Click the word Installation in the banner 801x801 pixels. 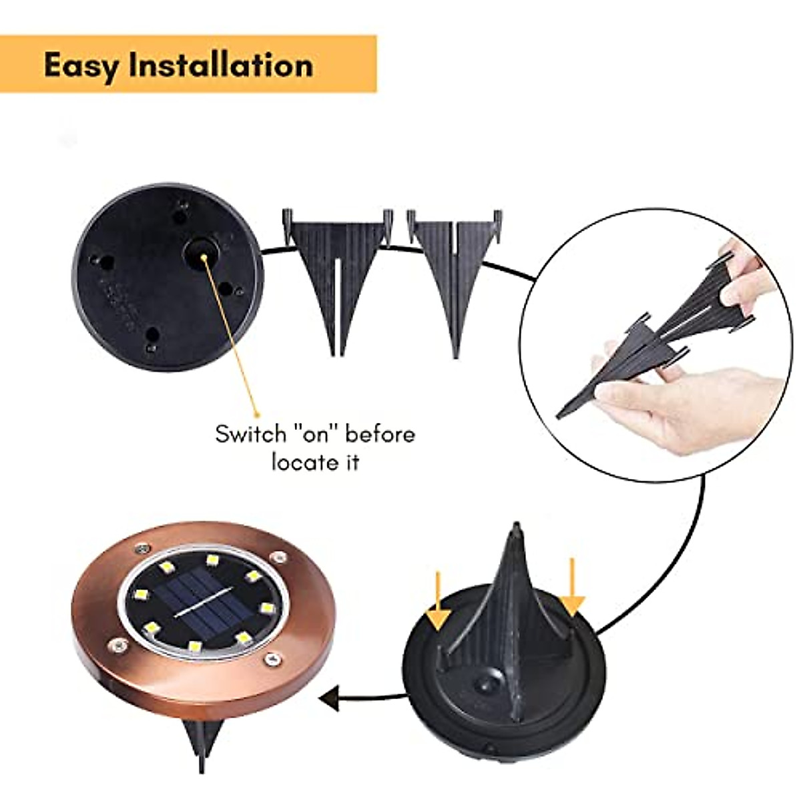tap(220, 65)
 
